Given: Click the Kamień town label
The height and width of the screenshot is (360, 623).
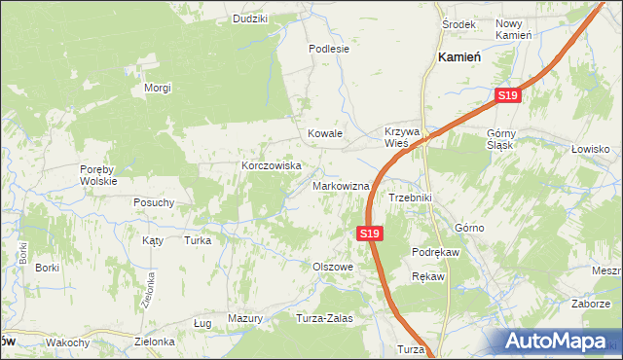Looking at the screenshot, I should [460, 57].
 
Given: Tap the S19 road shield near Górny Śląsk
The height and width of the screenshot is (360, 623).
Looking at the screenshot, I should [508, 95].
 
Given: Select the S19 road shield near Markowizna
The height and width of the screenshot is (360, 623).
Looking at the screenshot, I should [368, 234].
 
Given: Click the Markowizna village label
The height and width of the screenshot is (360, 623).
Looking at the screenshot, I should [341, 186].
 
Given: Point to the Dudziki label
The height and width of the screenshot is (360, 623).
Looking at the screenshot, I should [250, 18].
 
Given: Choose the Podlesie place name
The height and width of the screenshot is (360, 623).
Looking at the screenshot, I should [328, 48].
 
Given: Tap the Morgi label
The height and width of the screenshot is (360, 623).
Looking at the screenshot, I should [158, 88].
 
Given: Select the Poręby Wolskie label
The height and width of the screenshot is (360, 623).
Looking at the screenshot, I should [98, 174].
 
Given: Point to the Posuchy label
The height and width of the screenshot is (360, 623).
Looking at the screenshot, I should [154, 202].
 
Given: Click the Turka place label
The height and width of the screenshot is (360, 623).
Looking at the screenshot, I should [198, 239].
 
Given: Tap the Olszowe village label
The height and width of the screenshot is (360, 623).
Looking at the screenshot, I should [332, 266].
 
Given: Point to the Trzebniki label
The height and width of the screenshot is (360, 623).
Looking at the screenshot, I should [410, 198].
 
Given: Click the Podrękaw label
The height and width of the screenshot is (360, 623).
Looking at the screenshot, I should [435, 251].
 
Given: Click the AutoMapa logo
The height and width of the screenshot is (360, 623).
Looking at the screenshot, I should [560, 341].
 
